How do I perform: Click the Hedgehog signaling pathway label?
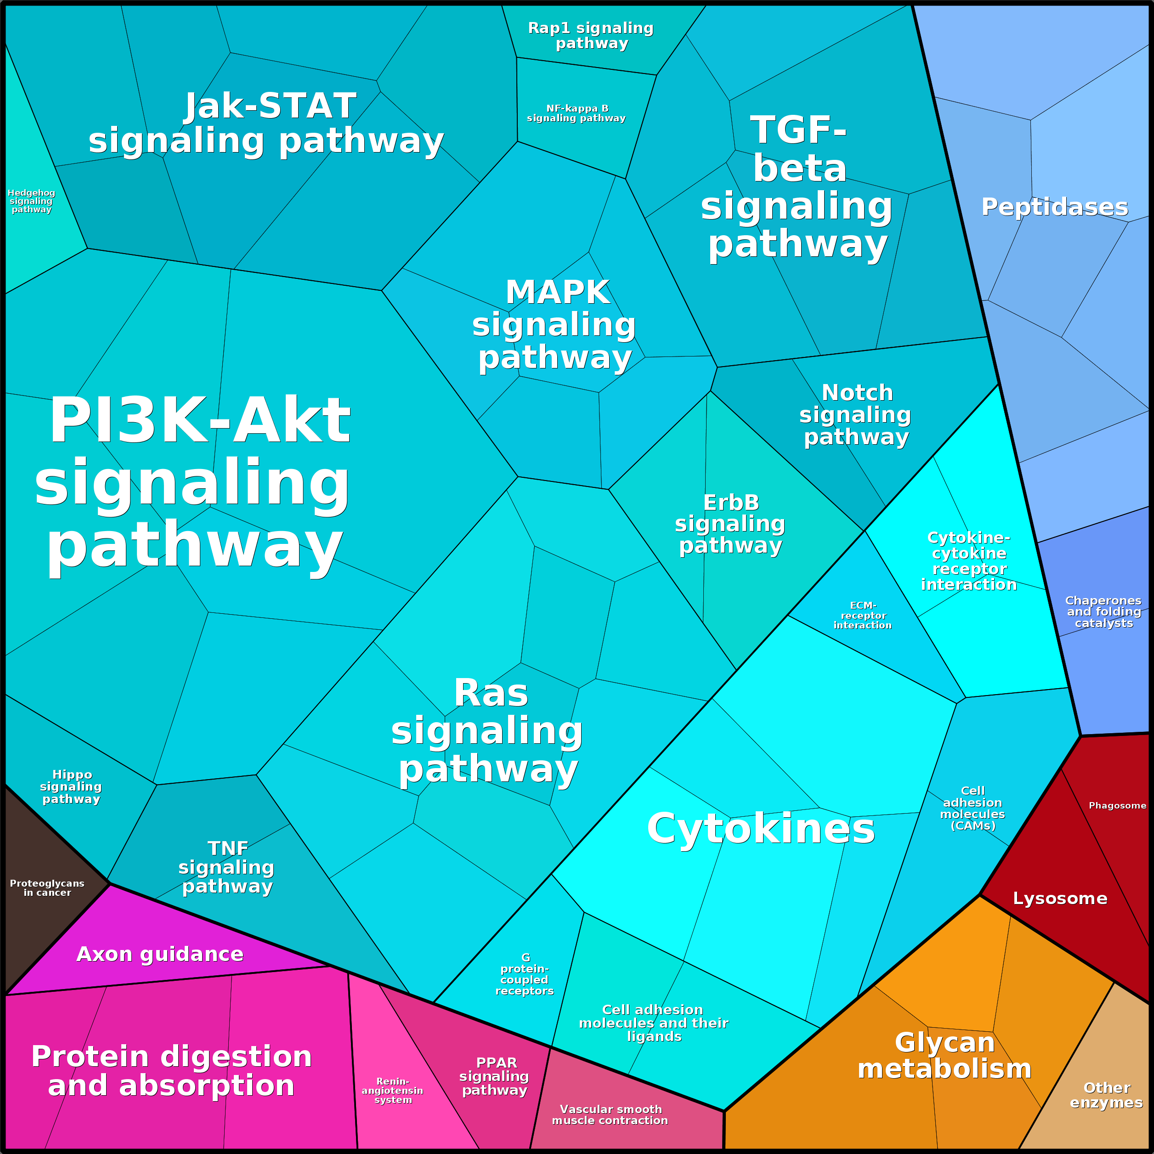coord(32,201)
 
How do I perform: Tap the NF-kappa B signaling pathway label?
coord(577,113)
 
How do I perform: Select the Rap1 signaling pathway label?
coord(591,36)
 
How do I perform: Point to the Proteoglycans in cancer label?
coord(47,888)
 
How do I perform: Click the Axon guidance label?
coord(160,954)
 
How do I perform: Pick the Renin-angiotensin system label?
coord(392,1090)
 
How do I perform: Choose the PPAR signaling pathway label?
coord(495,1076)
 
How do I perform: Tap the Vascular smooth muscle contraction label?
coord(610,1114)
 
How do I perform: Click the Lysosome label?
coord(1060,899)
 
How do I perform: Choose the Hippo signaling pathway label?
coord(72,786)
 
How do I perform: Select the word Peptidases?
coord(1055,207)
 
